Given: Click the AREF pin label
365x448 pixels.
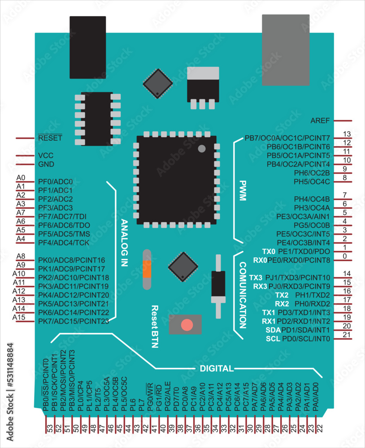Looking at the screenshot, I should click(320, 121).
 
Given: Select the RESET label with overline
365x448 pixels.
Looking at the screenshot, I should click(50, 138).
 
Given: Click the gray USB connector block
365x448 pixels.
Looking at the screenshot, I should click(286, 50).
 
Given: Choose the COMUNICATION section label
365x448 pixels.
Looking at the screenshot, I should click(243, 296).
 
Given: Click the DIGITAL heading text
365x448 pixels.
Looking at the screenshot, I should click(217, 369).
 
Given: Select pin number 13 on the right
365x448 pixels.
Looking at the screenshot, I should click(346, 134).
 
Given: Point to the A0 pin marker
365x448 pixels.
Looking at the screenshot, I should click(21, 178).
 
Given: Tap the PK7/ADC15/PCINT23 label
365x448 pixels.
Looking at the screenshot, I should click(74, 321).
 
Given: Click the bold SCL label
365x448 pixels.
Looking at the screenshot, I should click(273, 338).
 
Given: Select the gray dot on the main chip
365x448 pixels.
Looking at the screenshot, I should click(201, 148).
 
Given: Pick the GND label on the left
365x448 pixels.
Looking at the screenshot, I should click(46, 164).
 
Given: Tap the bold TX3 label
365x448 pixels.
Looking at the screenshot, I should click(256, 278).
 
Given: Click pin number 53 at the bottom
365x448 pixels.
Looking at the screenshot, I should click(50, 428).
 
